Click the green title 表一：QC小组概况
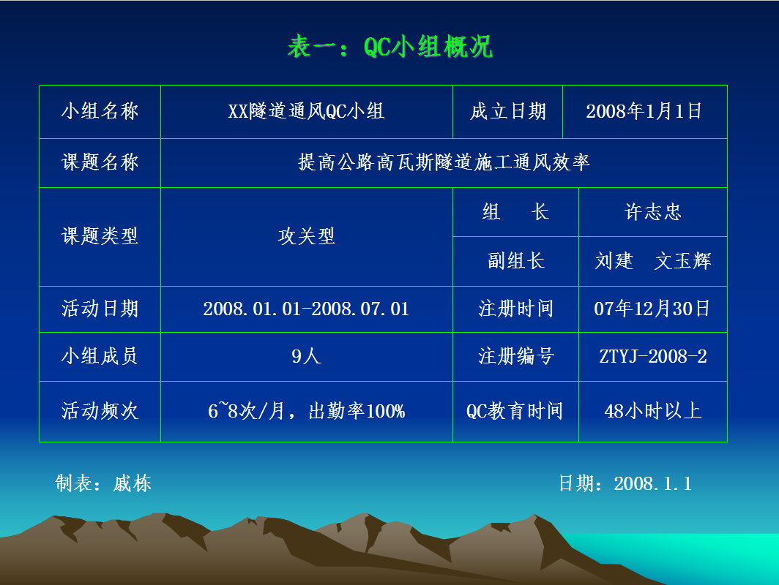click(x=390, y=47)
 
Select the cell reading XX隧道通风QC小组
click(x=306, y=111)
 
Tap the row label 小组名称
click(x=100, y=111)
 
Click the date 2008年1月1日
click(x=644, y=111)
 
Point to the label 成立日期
click(x=508, y=111)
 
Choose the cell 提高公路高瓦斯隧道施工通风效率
click(x=444, y=162)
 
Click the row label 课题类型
click(x=100, y=236)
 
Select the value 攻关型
click(x=307, y=236)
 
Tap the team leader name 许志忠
click(x=653, y=212)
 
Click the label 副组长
click(x=515, y=261)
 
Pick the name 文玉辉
click(x=682, y=261)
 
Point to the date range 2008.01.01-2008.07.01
click(x=306, y=309)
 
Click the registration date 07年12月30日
click(x=652, y=309)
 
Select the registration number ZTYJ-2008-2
click(x=653, y=356)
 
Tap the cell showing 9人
click(x=306, y=356)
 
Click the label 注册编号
click(x=515, y=356)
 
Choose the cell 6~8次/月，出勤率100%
click(x=307, y=411)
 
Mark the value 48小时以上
click(x=653, y=411)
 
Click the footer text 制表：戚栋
click(x=103, y=483)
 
